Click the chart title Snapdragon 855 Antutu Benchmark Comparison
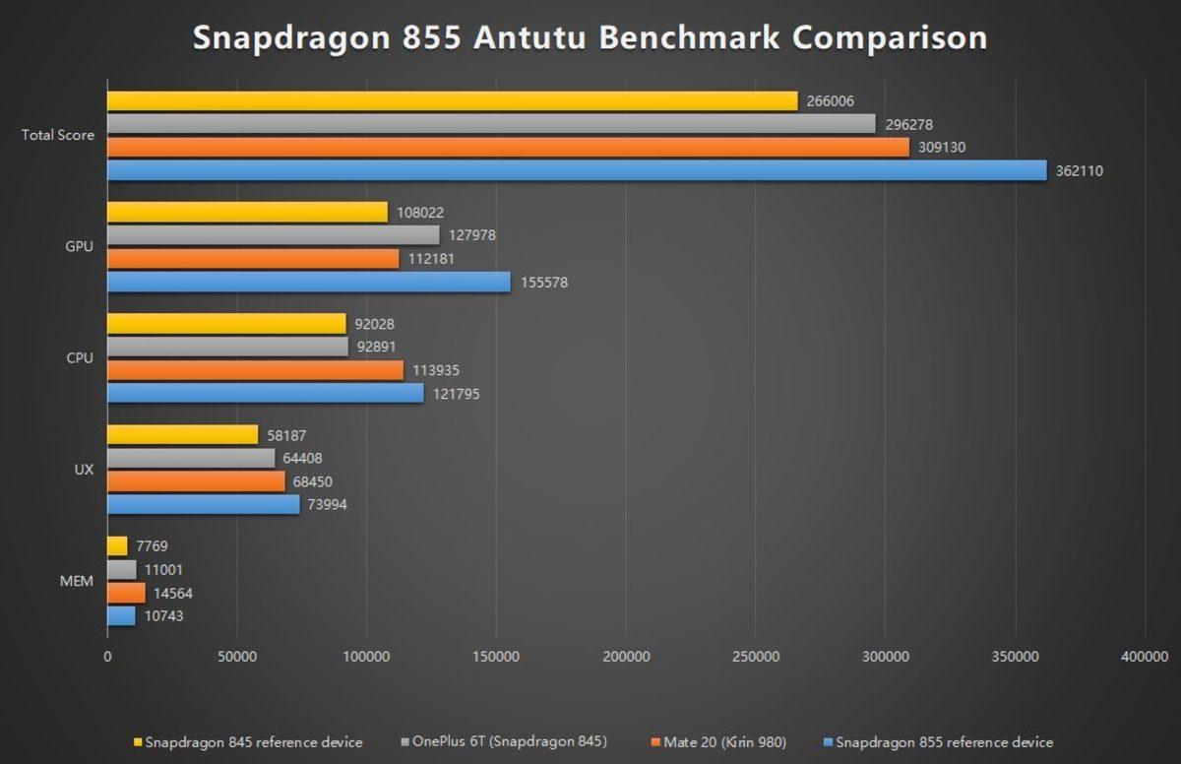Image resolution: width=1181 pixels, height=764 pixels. click(590, 37)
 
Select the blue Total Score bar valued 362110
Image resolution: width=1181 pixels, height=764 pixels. click(576, 170)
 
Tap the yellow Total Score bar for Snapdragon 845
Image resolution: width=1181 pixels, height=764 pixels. click(452, 100)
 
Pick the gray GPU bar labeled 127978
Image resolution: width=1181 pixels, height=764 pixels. click(273, 234)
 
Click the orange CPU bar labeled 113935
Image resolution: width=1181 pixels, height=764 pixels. click(255, 370)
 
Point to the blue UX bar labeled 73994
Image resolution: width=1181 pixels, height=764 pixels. click(203, 504)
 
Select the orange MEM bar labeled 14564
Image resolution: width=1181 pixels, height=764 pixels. click(126, 593)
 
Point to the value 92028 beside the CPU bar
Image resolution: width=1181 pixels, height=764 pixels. click(374, 324)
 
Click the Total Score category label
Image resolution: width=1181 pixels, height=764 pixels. click(58, 135)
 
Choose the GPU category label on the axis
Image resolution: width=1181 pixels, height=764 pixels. click(80, 246)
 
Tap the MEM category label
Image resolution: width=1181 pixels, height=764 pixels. click(78, 581)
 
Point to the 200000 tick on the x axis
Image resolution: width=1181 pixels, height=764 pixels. click(626, 657)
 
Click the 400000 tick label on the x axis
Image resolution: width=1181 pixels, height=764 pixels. click(1144, 657)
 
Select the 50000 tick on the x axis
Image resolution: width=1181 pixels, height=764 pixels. click(236, 657)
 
